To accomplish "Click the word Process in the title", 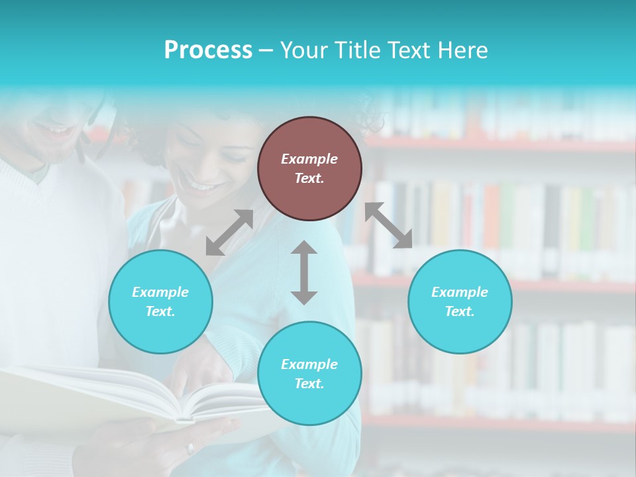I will [x=208, y=50].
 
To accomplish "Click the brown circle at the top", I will [x=309, y=169].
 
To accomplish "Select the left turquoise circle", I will [x=160, y=302].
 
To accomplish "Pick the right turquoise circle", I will [x=460, y=302].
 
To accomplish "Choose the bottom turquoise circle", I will [x=309, y=374].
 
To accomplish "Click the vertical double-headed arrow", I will [x=304, y=272].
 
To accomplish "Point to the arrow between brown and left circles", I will [x=229, y=233].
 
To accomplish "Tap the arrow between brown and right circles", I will [x=388, y=225].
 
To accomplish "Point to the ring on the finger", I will [x=191, y=449].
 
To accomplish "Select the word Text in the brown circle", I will [x=309, y=178].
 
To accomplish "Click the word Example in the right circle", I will [x=460, y=292].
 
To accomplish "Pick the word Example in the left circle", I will [x=160, y=292].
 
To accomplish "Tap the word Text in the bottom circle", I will [x=309, y=384].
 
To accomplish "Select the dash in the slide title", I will [x=266, y=50].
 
